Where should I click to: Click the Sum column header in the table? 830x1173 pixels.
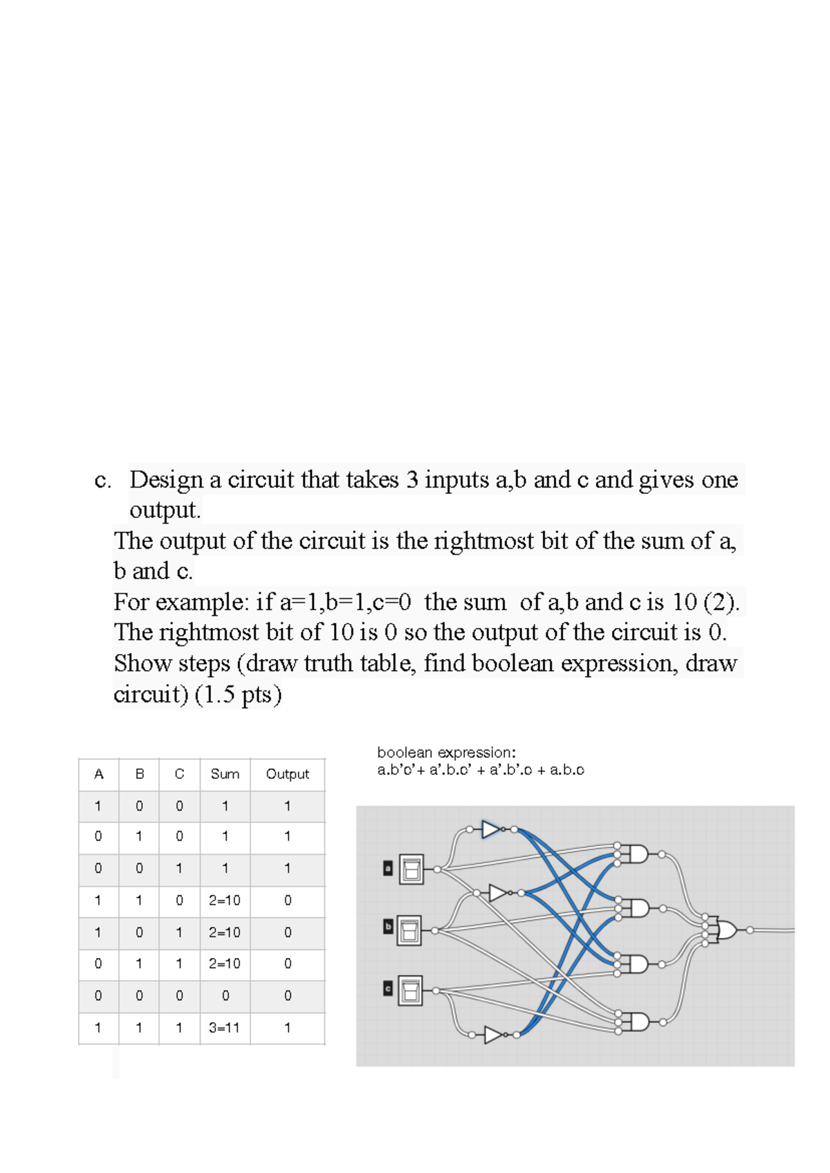pos(225,774)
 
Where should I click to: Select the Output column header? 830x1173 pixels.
pos(287,774)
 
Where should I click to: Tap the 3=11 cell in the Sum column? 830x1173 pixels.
pos(225,1028)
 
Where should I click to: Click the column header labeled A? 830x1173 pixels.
pos(98,774)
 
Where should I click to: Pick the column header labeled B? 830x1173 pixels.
pos(139,774)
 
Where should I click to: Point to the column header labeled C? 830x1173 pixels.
pos(179,774)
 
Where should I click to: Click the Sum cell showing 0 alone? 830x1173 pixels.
pos(225,996)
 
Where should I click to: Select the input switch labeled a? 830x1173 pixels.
pos(412,869)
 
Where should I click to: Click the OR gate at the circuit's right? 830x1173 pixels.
pos(727,930)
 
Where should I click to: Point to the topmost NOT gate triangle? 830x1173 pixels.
pos(492,829)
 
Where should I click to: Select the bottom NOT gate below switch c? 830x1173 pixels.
pos(493,1035)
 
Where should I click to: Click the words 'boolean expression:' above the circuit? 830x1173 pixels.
pos(446,752)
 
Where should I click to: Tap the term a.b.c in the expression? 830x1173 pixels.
pos(567,770)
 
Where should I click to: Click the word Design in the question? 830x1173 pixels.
pos(166,479)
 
